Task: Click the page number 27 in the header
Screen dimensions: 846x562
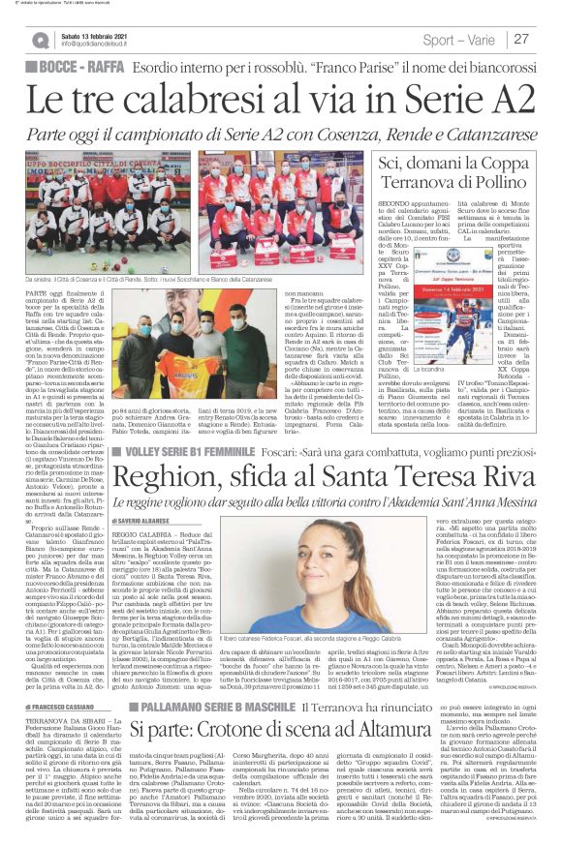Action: (x=521, y=39)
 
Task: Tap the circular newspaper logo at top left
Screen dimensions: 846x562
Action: (x=40, y=40)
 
